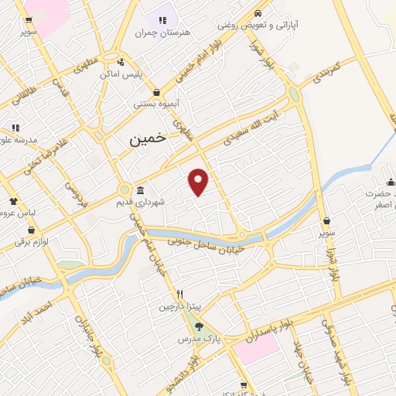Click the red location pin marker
coord(199,182)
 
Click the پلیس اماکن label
coord(120,75)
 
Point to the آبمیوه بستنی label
coord(155,103)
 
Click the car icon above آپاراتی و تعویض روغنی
coord(258,13)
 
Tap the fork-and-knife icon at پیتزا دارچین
coord(179,294)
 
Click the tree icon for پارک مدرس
coord(198,326)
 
